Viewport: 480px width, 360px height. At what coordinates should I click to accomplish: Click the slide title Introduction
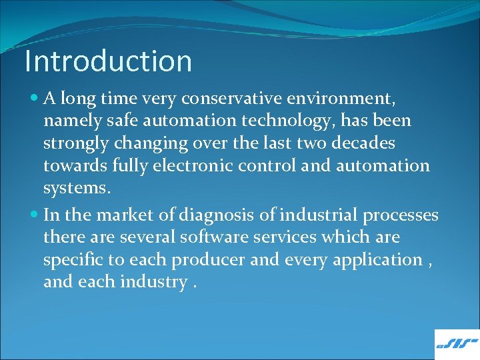pos(108,61)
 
